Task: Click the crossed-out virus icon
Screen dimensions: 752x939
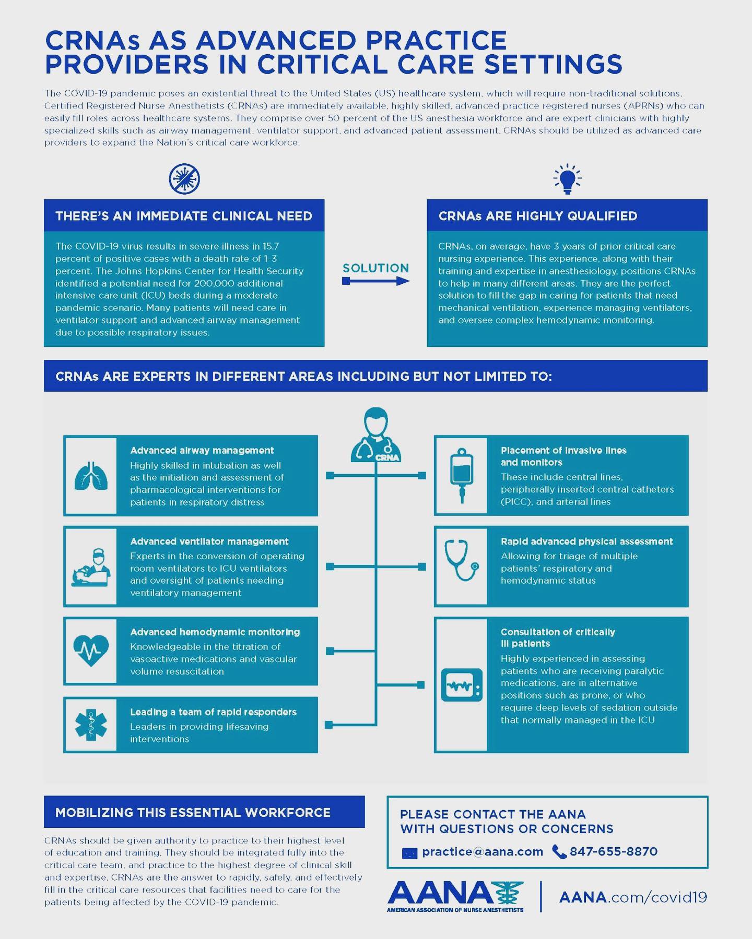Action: (184, 178)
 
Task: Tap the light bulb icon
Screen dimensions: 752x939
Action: (567, 179)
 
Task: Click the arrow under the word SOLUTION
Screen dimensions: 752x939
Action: (375, 281)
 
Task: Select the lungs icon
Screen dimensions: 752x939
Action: (91, 475)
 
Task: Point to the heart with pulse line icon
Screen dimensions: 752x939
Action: (91, 651)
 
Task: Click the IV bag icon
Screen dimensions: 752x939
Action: (462, 475)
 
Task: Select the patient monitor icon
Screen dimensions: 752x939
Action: (462, 685)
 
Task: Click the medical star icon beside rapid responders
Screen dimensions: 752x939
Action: (91, 725)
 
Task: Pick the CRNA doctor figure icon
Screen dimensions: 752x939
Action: (376, 435)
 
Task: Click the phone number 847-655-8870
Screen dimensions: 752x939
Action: (614, 852)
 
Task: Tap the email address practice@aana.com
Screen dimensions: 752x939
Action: (483, 852)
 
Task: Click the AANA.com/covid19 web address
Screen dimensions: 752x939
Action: (633, 897)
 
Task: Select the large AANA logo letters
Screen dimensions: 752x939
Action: (440, 894)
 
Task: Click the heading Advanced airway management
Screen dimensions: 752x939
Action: (202, 450)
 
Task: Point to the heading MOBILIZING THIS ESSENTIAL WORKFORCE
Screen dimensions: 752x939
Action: (193, 812)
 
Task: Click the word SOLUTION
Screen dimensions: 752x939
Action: (375, 268)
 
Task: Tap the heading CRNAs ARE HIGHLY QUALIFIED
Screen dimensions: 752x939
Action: (538, 216)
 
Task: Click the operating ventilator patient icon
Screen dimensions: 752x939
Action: (91, 567)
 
